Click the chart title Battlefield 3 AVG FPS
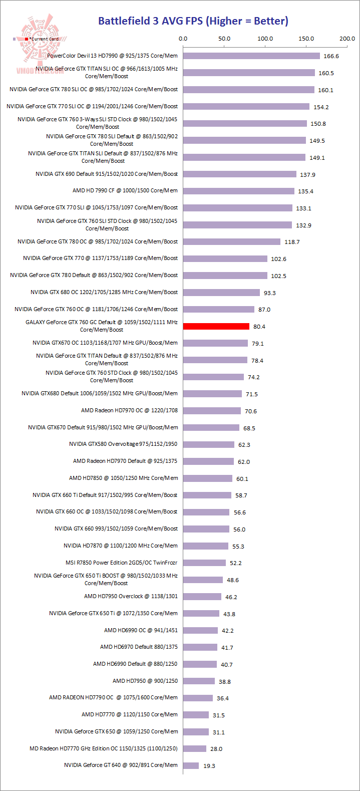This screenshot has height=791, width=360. (193, 21)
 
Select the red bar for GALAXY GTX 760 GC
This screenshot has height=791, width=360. (216, 326)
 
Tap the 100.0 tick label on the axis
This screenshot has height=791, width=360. (265, 39)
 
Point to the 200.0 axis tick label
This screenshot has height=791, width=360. (347, 39)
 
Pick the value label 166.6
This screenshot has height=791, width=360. (331, 56)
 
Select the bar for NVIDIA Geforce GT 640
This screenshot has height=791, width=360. (191, 765)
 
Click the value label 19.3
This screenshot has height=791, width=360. (209, 766)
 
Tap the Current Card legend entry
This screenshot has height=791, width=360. (42, 39)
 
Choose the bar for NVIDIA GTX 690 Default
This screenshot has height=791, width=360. (239, 174)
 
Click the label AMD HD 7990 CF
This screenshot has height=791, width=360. (125, 191)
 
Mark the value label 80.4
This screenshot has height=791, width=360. (259, 327)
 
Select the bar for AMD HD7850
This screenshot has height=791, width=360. (207, 478)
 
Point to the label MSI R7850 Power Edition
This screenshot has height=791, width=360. (121, 563)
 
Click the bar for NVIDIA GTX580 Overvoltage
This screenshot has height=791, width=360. (208, 444)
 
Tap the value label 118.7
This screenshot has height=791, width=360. (292, 242)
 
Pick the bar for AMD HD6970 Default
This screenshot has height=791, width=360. (200, 647)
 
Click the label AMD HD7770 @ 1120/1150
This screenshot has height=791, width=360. (129, 715)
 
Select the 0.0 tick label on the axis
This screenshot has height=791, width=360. (183, 39)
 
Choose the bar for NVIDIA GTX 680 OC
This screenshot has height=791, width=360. (221, 292)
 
